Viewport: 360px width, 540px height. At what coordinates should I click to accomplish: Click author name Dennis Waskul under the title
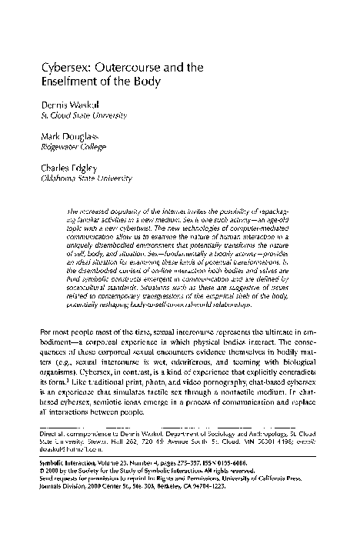tap(72, 105)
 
